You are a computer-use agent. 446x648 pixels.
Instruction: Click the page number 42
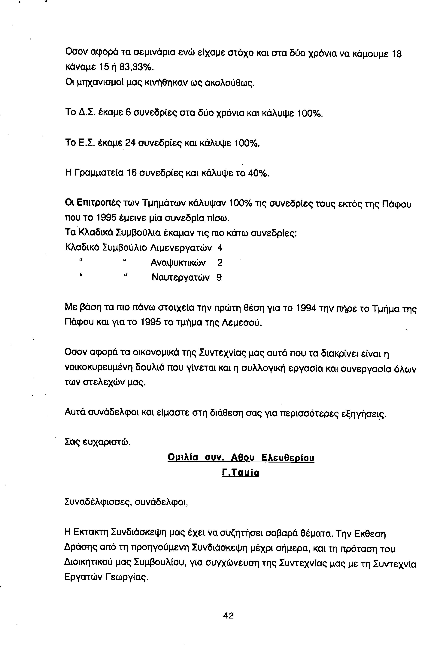228,615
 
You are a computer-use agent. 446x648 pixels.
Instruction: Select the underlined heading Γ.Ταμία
240,473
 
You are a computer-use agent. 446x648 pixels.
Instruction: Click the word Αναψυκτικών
178,263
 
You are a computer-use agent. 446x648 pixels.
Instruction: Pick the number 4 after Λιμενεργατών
220,248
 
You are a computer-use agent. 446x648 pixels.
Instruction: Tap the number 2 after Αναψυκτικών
220,263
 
